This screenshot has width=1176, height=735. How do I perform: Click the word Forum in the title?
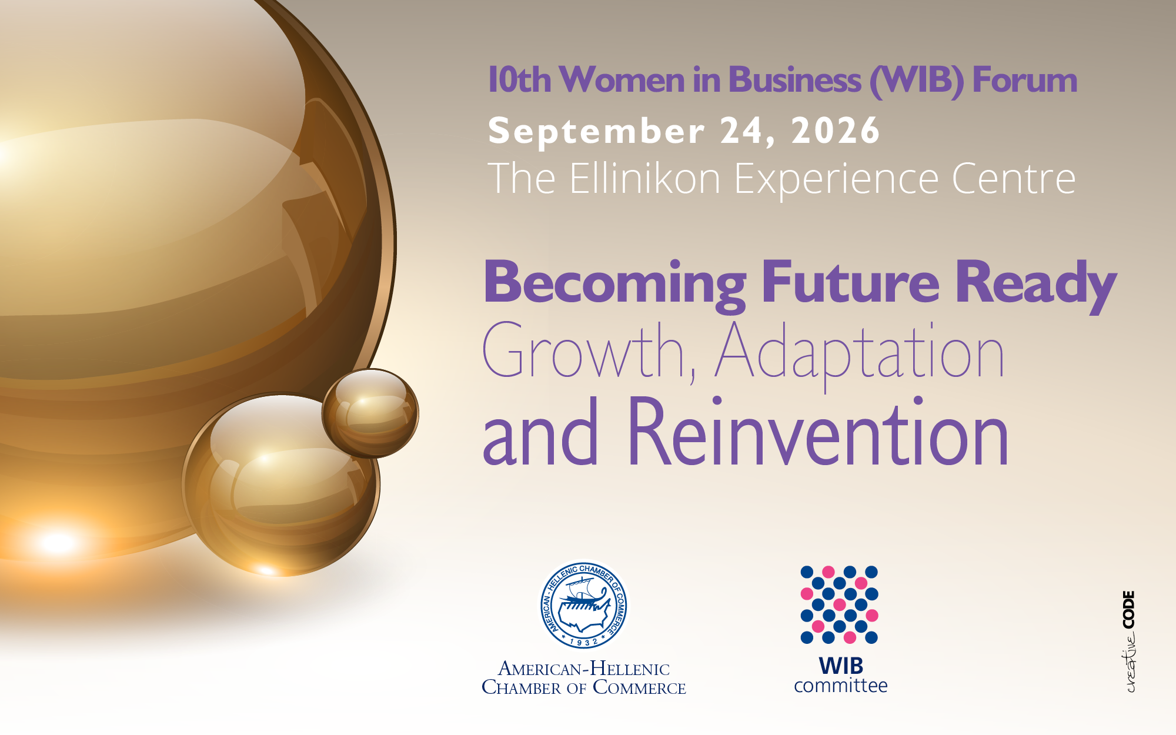click(1025, 80)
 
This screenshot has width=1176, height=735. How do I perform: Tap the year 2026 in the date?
click(836, 130)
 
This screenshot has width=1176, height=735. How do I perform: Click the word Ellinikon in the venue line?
click(645, 178)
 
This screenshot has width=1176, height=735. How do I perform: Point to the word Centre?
click(1014, 179)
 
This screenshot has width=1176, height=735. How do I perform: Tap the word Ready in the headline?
click(1036, 285)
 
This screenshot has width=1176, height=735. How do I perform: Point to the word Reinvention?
click(818, 432)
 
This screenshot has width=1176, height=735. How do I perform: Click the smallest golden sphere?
click(370, 413)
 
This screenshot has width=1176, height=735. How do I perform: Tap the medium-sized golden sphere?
click(282, 485)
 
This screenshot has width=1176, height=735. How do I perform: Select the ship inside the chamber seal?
click(583, 596)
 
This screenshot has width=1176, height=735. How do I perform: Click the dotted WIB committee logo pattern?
click(839, 604)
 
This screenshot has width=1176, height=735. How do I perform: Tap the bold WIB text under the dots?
click(841, 666)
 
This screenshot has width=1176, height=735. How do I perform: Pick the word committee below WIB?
click(841, 686)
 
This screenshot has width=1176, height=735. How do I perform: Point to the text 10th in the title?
click(520, 80)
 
